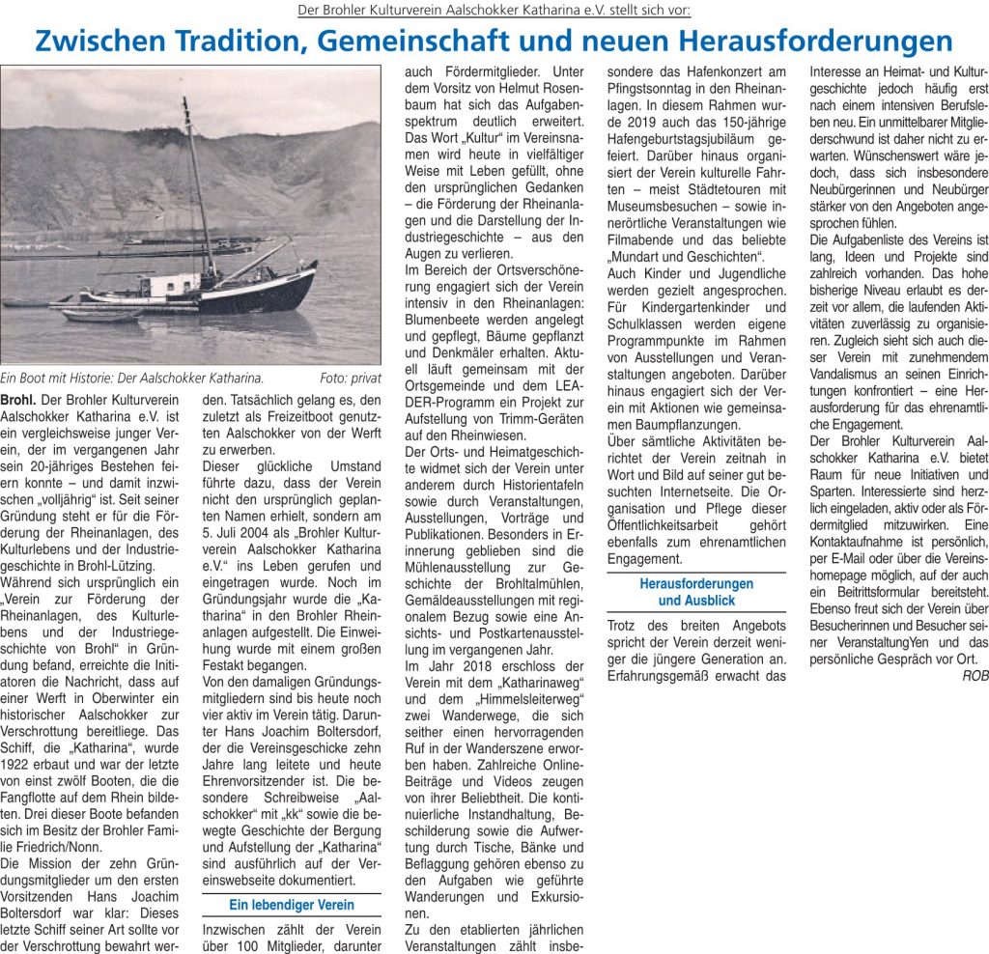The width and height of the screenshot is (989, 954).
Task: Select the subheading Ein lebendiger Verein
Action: tap(291, 905)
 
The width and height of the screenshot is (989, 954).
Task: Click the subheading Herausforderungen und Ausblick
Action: tap(696, 591)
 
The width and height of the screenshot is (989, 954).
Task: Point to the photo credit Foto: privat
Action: tap(351, 379)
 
